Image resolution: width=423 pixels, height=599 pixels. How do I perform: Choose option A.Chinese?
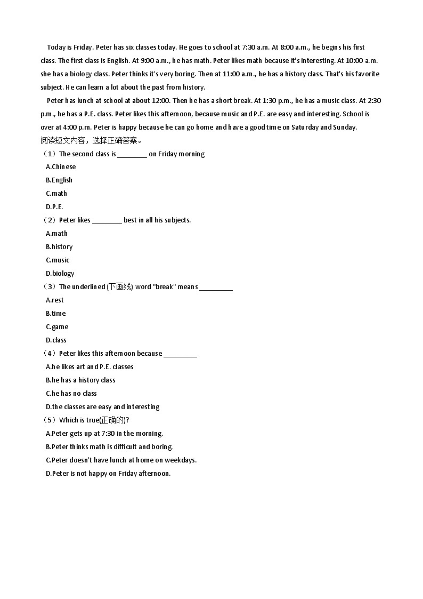(61, 167)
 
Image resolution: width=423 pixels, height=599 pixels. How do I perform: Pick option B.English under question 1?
(59, 180)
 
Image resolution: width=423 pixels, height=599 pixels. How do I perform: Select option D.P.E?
(54, 207)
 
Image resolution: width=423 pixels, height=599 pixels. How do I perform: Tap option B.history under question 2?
(59, 247)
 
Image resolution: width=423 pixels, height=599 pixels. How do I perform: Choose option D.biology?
(60, 274)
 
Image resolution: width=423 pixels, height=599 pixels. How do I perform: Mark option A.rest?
(55, 300)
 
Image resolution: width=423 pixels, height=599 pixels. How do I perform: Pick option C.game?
(57, 327)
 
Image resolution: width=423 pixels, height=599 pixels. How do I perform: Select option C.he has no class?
(71, 394)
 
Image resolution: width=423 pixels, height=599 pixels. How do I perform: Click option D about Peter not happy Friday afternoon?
(108, 474)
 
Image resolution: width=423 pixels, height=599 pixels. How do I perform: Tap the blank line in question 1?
(132, 156)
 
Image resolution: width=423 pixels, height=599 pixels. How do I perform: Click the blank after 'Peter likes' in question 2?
(107, 222)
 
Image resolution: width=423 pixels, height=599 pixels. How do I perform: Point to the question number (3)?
(50, 287)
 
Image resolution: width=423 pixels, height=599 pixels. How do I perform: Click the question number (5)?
(50, 420)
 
